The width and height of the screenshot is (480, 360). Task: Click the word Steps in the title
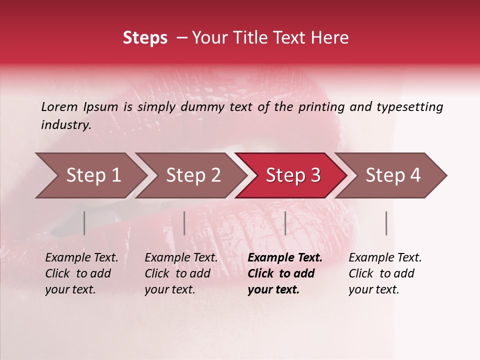(145, 38)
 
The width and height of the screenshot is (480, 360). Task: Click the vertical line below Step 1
(84, 223)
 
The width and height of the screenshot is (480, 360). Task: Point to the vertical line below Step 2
(184, 223)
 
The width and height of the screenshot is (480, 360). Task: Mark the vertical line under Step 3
(285, 223)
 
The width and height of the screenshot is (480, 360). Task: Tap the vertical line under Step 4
(386, 223)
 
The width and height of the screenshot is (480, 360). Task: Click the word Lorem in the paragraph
(59, 107)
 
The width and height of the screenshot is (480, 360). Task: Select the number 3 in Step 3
(315, 175)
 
